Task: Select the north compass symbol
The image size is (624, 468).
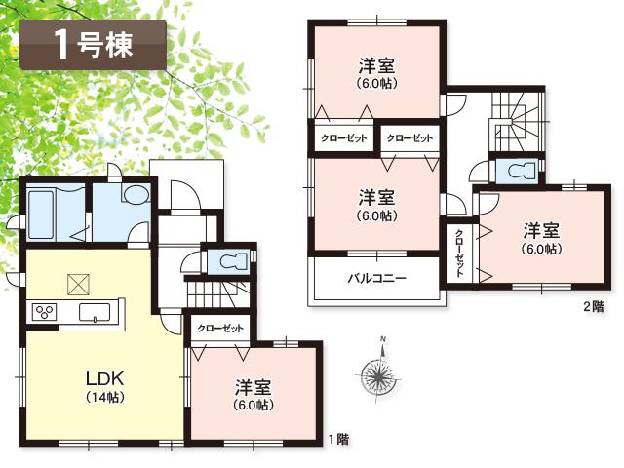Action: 378,372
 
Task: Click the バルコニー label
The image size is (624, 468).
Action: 377,278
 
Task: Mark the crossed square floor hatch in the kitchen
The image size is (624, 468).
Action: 78,284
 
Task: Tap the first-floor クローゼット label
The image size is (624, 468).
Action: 219,330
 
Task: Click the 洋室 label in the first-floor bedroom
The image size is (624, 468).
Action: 252,387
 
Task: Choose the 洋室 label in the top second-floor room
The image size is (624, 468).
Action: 375,66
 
